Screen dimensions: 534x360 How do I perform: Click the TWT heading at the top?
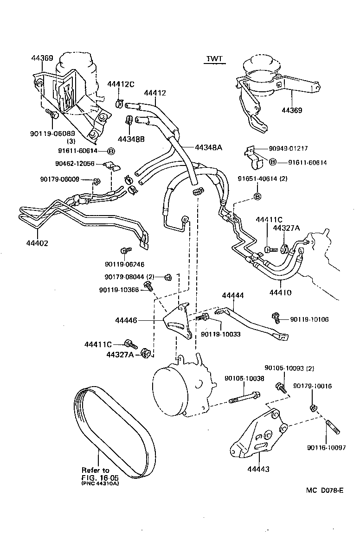pos(214,58)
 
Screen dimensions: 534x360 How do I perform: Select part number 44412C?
pos(121,84)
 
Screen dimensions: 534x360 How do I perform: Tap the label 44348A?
pos(208,147)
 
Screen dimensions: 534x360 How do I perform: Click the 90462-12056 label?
pos(75,164)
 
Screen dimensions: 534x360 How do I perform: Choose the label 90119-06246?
pos(124,264)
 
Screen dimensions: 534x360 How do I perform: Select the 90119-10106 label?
pos(309,319)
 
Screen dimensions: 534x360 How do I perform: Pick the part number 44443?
pos(258,469)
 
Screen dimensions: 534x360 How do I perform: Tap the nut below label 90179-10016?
pos(313,408)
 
